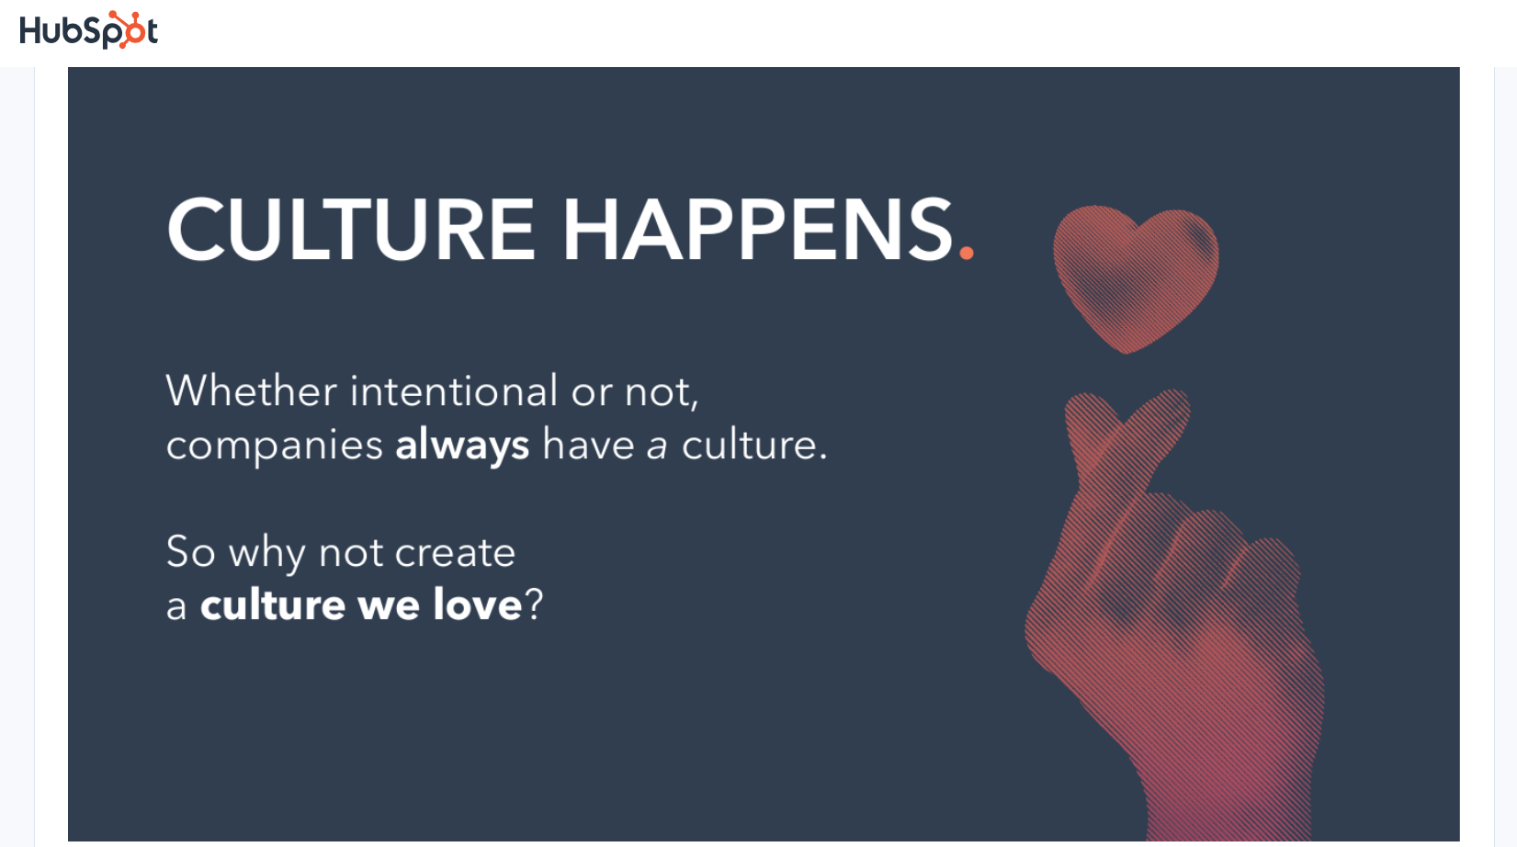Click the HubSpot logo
pyautogui.click(x=88, y=31)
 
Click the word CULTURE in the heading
pyautogui.click(x=350, y=230)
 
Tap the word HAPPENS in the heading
pyautogui.click(x=758, y=230)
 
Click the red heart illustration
pyautogui.click(x=1136, y=276)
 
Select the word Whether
pyautogui.click(x=251, y=391)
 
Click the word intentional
pyautogui.click(x=453, y=391)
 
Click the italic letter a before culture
pyautogui.click(x=656, y=446)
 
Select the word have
pyautogui.click(x=588, y=446)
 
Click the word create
pyautogui.click(x=455, y=553)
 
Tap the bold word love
pyautogui.click(x=478, y=605)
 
